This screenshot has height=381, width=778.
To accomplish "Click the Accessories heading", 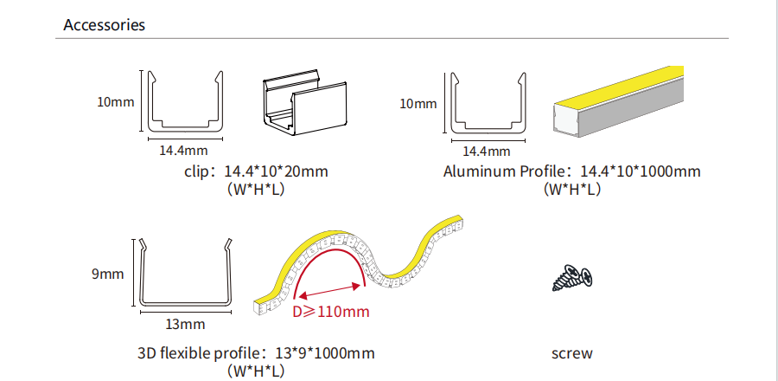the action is (x=105, y=25).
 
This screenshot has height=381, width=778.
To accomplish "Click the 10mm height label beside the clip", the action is (x=116, y=102).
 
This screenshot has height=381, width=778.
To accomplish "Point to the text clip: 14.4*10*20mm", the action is (x=256, y=171).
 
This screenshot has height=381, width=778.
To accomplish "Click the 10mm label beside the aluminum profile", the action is (x=418, y=104).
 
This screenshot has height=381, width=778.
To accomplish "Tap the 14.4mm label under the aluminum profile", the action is (x=486, y=151).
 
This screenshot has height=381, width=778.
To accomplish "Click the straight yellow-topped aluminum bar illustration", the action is (x=619, y=101).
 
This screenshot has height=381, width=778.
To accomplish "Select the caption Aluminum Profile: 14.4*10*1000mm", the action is (x=572, y=171).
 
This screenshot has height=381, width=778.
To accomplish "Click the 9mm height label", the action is (x=108, y=274).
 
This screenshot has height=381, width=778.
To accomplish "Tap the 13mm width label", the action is (x=185, y=325).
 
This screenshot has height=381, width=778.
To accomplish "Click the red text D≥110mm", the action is (x=331, y=312).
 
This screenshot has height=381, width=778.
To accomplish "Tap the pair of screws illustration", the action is (x=572, y=278).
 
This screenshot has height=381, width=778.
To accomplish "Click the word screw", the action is (x=572, y=353).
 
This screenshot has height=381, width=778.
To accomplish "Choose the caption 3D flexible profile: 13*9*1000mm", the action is (x=256, y=353).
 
